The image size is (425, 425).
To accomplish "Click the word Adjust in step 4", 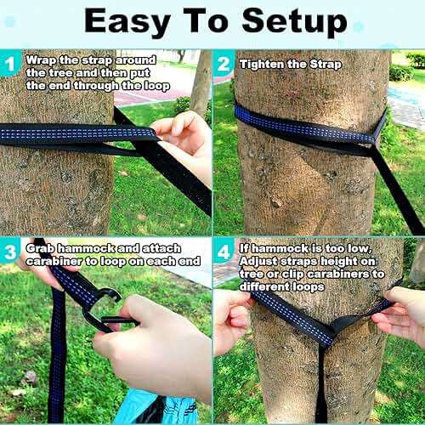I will (x=259, y=261).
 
